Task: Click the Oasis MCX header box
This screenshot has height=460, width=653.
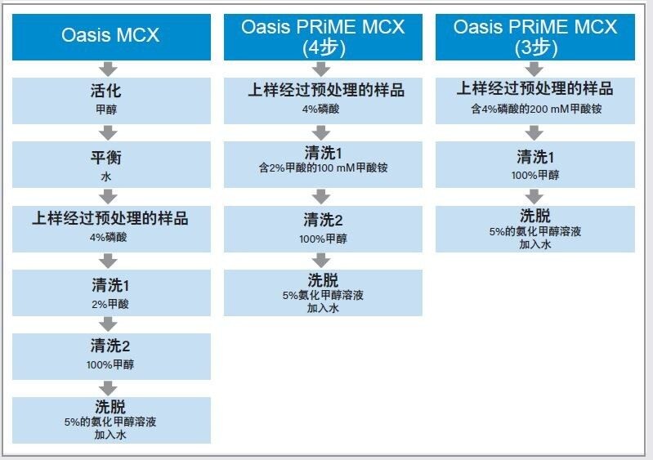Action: [111, 37]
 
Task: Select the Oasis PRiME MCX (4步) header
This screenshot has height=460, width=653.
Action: [323, 37]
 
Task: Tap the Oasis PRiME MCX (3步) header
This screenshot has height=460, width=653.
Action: [535, 37]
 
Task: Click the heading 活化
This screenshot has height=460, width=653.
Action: [105, 91]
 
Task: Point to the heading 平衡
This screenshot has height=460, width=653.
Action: [105, 158]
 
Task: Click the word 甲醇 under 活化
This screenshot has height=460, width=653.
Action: [106, 109]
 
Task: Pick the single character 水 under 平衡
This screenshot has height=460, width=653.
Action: [106, 176]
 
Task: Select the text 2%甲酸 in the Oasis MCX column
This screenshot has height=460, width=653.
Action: [110, 304]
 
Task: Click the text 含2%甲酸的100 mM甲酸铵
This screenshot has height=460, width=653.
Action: [323, 167]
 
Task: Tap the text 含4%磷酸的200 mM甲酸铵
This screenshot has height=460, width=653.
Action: [536, 109]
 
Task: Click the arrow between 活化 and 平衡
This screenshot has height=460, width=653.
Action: [108, 133]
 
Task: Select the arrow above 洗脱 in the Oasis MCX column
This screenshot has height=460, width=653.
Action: [108, 388]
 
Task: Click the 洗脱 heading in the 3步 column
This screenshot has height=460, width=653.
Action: [535, 216]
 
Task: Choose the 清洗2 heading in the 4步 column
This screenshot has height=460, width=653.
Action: [323, 220]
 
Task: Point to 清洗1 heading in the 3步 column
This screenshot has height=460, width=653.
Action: [535, 157]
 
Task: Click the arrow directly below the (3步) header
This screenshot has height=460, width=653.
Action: [534, 69]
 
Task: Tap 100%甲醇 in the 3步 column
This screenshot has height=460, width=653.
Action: [535, 176]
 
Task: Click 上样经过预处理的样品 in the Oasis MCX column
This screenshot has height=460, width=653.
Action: [110, 218]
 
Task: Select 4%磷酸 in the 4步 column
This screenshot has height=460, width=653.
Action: [320, 109]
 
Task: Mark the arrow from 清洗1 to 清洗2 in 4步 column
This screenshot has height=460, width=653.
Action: [320, 196]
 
